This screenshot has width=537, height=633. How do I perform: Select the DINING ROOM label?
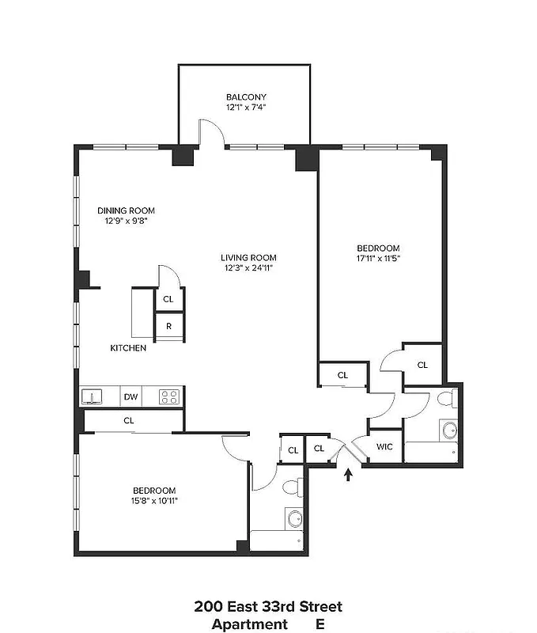126,210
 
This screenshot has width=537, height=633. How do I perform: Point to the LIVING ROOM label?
248,257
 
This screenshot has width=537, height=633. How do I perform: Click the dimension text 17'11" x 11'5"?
378,257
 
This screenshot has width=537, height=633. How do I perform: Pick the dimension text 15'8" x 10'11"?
154,500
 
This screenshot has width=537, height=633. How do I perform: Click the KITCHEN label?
127,348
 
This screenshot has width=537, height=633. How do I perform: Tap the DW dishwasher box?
130,396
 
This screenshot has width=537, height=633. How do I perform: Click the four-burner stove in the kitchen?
168,396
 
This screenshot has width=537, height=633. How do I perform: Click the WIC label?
384,447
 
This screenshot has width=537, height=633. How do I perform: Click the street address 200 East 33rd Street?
268,607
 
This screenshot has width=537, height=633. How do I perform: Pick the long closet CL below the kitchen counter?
128,421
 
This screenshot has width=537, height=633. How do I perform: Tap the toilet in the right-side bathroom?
447,399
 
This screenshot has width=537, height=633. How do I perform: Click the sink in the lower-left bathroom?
294,518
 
